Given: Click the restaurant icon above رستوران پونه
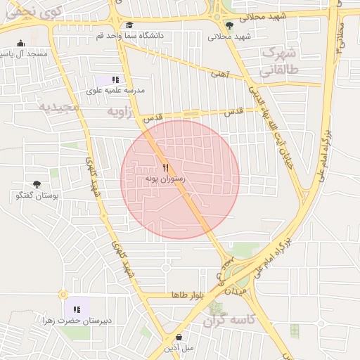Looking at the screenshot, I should [166, 167].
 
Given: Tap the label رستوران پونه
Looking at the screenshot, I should [165, 179].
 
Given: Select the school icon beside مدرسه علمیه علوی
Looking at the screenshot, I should [115, 79].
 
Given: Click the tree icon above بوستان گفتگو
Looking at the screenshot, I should [37, 184].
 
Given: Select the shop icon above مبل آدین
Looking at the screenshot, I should [179, 337].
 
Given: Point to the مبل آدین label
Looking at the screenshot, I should [179, 348].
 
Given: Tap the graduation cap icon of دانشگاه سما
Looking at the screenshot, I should [129, 25].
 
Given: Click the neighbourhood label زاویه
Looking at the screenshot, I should [119, 112].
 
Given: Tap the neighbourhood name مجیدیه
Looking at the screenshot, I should [56, 107].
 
